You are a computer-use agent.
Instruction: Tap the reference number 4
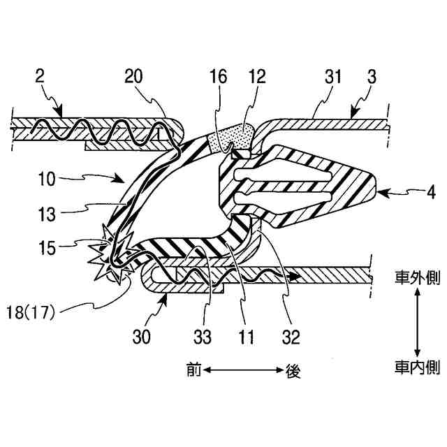tap(411, 189)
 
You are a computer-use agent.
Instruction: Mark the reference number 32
tap(290, 337)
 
